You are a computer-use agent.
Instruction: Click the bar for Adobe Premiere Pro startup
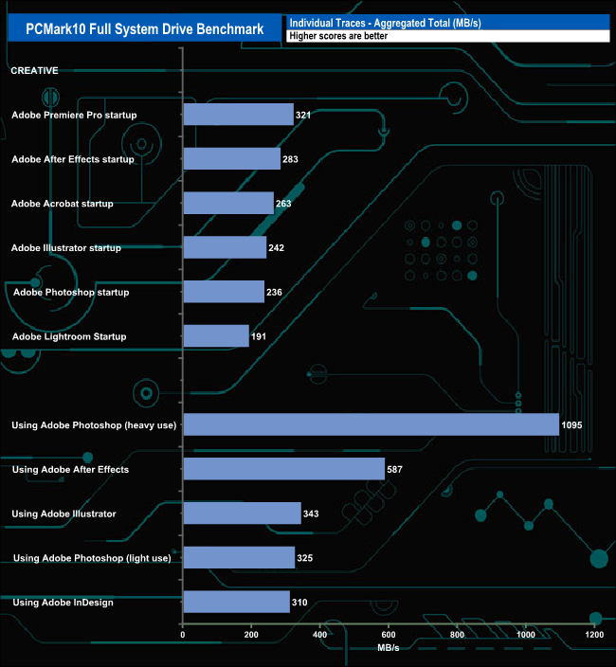238,115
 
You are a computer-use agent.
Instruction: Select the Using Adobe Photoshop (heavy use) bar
371,424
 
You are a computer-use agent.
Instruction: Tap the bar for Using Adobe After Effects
283,469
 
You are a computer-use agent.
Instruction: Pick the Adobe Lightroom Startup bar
216,336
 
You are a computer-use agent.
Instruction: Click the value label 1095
571,425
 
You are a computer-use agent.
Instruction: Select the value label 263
283,204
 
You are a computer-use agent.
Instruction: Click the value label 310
302,602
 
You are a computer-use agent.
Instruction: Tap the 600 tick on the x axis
389,635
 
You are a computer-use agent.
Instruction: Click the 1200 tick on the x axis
594,635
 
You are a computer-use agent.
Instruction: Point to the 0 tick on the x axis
183,635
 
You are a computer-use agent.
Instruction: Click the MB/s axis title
389,649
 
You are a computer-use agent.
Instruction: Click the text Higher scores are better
338,36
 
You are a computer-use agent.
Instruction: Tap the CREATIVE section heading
34,70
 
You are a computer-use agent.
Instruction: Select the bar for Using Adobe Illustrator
242,514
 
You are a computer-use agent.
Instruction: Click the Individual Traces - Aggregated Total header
385,22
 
